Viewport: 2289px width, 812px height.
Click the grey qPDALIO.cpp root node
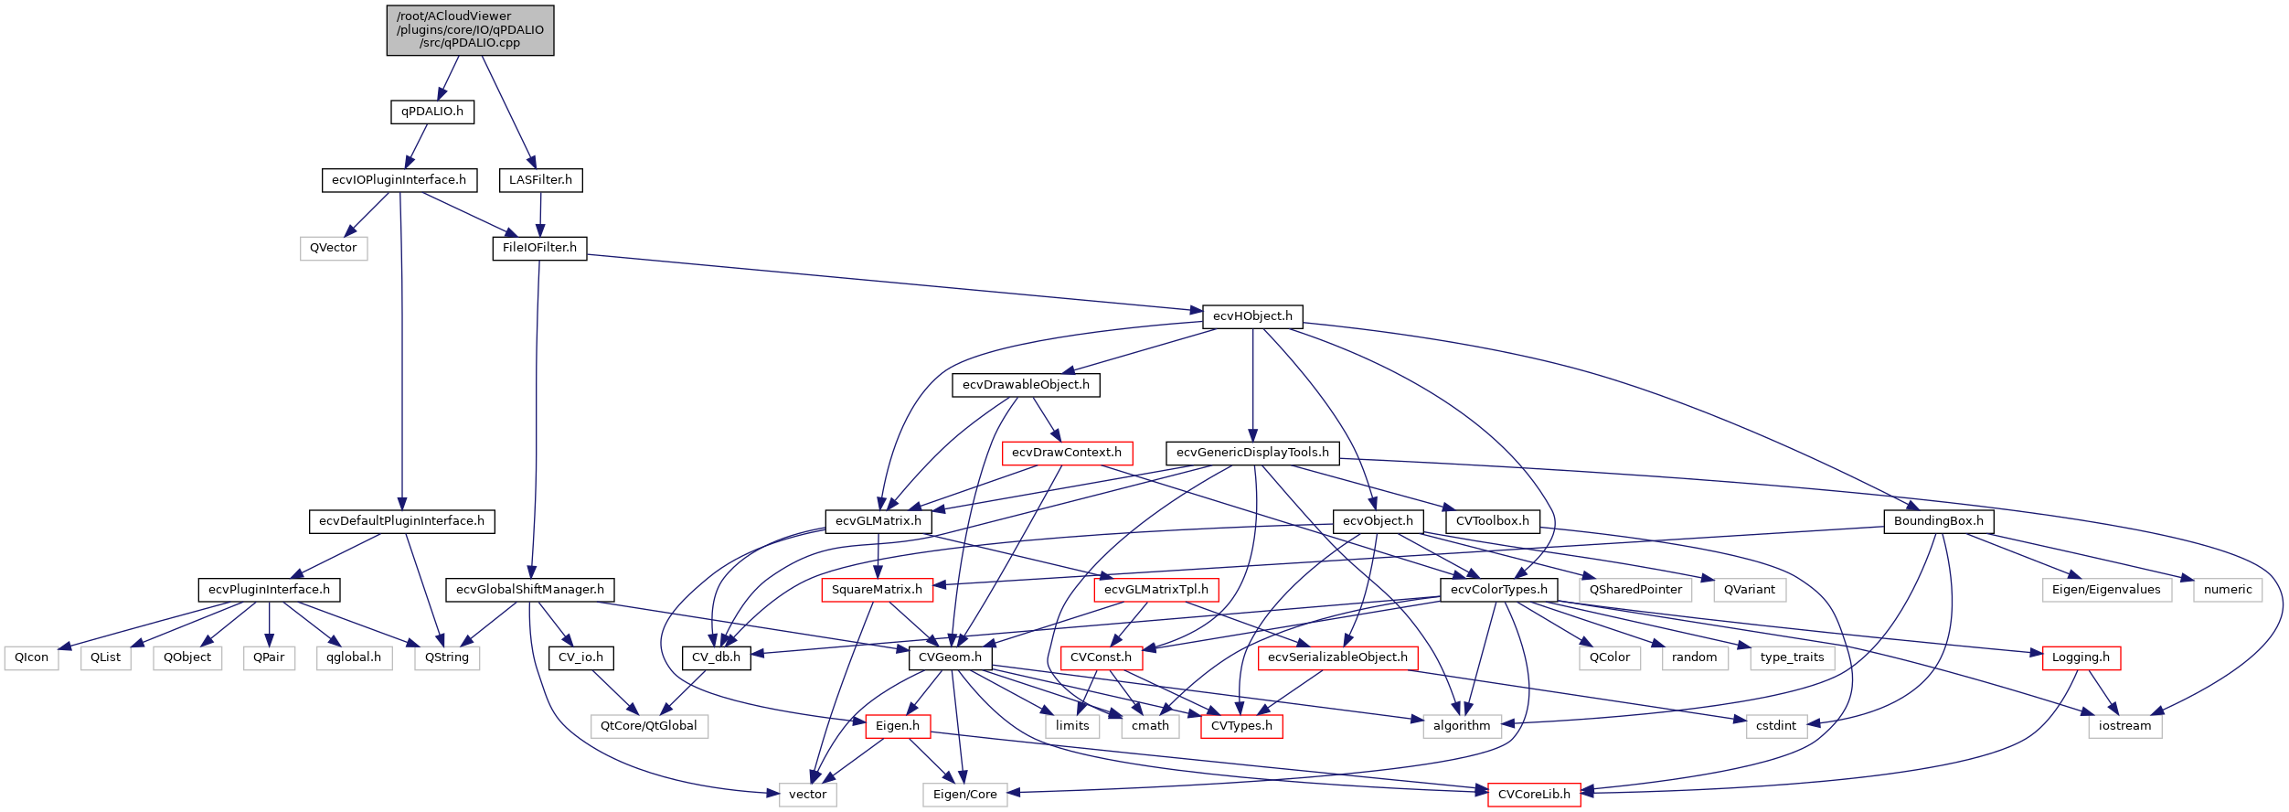(x=470, y=30)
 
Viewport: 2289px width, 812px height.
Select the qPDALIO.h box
(x=432, y=112)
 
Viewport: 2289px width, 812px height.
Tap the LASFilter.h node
(x=540, y=180)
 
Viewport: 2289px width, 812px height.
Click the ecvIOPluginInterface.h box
(x=399, y=180)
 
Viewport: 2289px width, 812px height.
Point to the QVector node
(x=334, y=249)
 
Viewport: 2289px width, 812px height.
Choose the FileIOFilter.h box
(x=539, y=248)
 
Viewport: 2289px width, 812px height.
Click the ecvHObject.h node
(x=1252, y=316)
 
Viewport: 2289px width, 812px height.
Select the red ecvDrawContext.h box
(x=1067, y=453)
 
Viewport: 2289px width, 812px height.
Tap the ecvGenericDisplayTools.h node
(x=1252, y=453)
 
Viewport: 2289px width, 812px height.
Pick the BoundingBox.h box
(x=1938, y=521)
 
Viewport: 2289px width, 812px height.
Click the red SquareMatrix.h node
(x=877, y=590)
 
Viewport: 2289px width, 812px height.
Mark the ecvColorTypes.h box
(x=1498, y=590)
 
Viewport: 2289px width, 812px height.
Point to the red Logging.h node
(x=2081, y=657)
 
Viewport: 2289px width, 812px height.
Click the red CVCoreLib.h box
(x=1534, y=795)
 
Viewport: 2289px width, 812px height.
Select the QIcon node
(x=32, y=657)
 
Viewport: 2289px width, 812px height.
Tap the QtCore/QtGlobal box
(x=648, y=726)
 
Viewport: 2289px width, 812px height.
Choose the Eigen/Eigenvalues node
(x=2106, y=590)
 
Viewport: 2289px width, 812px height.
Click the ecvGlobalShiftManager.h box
(x=530, y=590)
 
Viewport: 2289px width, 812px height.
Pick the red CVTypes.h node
(x=1241, y=726)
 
